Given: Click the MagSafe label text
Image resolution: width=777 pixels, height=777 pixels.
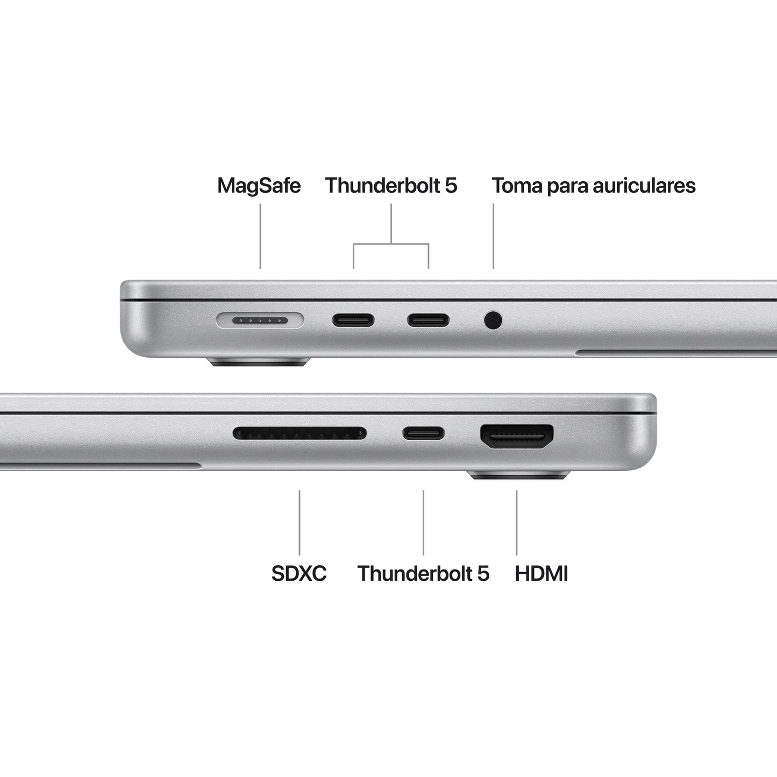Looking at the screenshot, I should [x=259, y=186].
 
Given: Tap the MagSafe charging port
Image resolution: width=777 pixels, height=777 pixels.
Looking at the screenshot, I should [x=260, y=321].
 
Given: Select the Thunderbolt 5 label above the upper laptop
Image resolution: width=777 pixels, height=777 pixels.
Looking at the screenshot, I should [x=391, y=186].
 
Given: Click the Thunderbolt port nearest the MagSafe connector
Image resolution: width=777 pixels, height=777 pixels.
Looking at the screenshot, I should [x=353, y=321].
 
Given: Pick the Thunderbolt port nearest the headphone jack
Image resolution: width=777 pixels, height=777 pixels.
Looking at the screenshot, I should [x=427, y=321].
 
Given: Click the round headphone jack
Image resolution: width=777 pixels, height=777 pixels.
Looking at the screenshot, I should [x=493, y=320].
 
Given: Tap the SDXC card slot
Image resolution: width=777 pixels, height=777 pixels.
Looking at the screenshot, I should [x=300, y=433].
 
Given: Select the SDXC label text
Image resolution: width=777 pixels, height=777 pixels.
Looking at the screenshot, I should [x=299, y=573].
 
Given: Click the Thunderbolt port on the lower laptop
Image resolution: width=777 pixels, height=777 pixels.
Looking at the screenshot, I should [x=424, y=433].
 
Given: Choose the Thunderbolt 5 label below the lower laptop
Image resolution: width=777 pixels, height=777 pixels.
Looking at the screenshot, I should [x=423, y=573].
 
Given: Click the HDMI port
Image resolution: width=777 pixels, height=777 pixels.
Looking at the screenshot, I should [x=517, y=436].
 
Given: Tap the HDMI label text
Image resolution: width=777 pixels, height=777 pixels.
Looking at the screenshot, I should [x=541, y=573].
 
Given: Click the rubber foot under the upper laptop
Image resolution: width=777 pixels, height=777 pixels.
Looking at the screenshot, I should [x=259, y=362].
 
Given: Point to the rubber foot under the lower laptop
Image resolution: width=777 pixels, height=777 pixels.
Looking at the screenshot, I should [x=518, y=475].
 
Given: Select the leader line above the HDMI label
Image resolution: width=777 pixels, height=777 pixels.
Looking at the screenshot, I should [x=517, y=522].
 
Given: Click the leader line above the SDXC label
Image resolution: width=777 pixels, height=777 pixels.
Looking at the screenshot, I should [x=300, y=522].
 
